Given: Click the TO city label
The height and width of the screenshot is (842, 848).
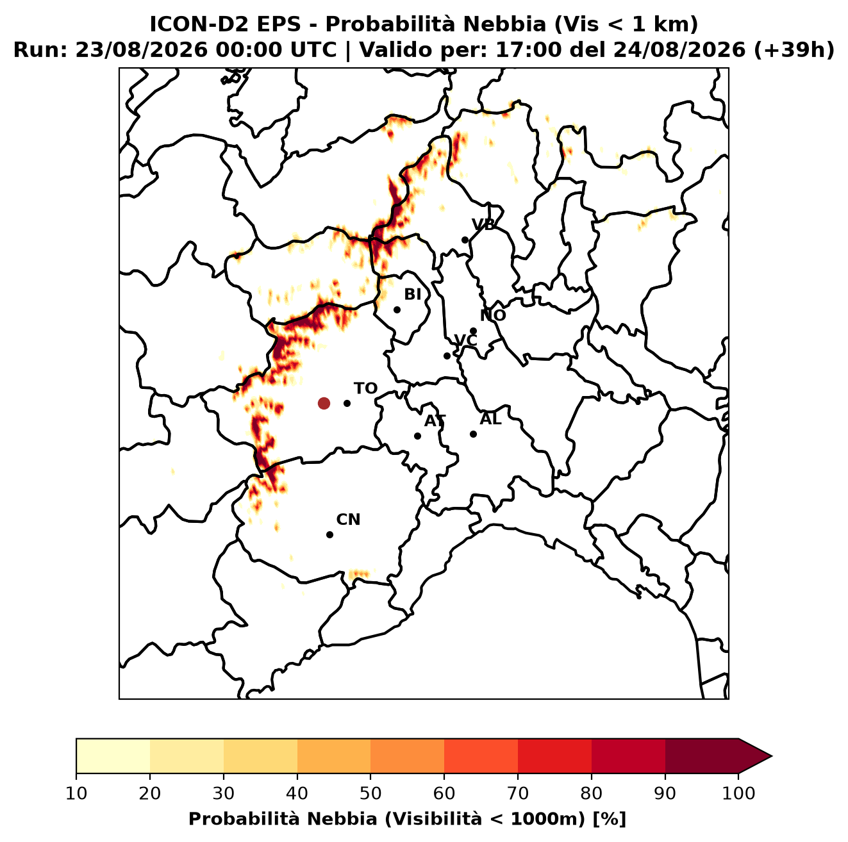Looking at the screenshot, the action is click(x=365, y=388).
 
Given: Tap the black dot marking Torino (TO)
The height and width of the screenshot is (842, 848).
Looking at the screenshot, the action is click(x=347, y=403).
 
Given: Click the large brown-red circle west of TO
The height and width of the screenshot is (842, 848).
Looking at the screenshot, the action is click(x=324, y=403).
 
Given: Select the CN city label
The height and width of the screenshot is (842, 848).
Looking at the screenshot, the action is click(x=348, y=520).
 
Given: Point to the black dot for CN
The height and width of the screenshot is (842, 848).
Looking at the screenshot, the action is click(x=329, y=534).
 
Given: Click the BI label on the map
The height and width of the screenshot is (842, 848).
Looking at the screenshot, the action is click(x=413, y=295).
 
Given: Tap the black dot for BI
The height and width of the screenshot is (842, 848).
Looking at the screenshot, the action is click(x=397, y=310).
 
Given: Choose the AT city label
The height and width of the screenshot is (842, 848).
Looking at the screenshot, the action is click(x=435, y=421).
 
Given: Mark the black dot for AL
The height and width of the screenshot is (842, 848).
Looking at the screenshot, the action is click(x=473, y=434).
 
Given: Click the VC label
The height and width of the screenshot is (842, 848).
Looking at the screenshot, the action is click(x=465, y=340).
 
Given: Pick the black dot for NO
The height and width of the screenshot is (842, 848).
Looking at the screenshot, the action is click(x=473, y=331).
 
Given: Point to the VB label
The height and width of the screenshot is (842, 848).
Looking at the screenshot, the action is click(x=483, y=224).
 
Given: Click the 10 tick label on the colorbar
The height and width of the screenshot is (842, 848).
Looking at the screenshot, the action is click(x=76, y=793).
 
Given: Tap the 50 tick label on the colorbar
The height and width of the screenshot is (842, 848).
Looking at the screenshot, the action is click(x=370, y=793).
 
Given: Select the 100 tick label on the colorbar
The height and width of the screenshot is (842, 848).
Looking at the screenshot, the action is click(x=738, y=793).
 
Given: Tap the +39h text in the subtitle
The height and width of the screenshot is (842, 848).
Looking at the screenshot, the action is click(x=794, y=50).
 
